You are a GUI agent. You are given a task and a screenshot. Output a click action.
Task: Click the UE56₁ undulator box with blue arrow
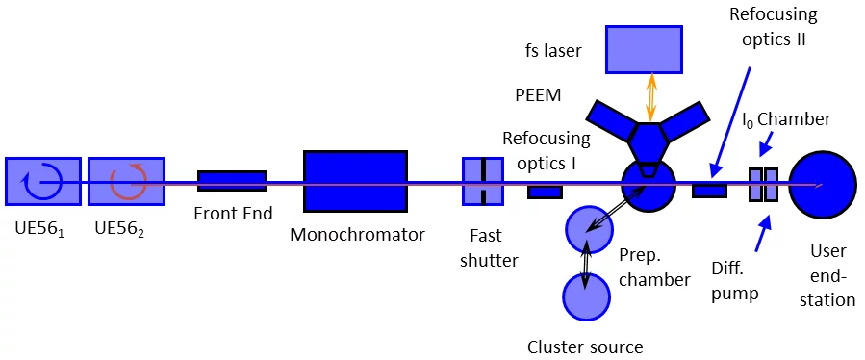pyautogui.click(x=43, y=181)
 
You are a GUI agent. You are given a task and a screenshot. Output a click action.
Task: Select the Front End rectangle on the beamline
pyautogui.click(x=232, y=181)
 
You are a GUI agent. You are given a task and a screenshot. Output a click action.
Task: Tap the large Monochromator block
pyautogui.click(x=355, y=181)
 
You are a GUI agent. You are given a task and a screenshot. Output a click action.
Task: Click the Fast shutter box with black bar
pyautogui.click(x=482, y=181)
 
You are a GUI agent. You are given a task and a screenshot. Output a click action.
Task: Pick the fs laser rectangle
pyautogui.click(x=643, y=49)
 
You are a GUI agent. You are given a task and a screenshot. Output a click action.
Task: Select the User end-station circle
pyautogui.click(x=822, y=185)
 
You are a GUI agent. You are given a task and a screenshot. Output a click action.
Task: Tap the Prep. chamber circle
pyautogui.click(x=588, y=229)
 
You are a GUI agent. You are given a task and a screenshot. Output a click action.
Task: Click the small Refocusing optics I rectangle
pyautogui.click(x=545, y=192)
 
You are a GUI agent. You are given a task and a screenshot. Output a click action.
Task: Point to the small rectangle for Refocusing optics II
pyautogui.click(x=709, y=191)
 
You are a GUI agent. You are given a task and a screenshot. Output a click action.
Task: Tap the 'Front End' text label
pyautogui.click(x=233, y=214)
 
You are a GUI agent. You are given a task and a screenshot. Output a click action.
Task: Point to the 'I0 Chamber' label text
pyautogui.click(x=785, y=118)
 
